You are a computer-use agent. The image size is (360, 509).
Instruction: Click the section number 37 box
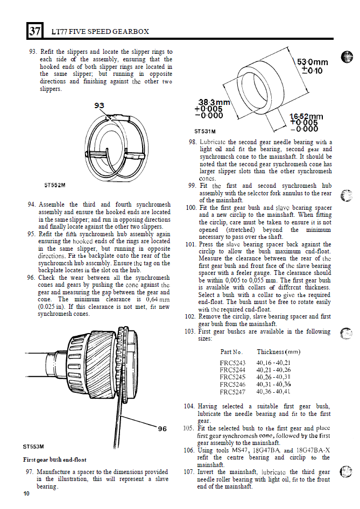click(34, 31)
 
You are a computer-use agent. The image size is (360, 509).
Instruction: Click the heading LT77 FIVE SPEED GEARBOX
click(100, 32)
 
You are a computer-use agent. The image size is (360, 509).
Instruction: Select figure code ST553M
click(34, 446)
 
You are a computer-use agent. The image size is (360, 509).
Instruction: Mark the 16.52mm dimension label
click(306, 116)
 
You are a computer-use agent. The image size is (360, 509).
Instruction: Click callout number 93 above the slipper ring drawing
click(99, 105)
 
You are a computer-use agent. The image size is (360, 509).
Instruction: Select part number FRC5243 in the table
click(232, 363)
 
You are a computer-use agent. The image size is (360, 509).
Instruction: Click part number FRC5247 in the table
click(232, 392)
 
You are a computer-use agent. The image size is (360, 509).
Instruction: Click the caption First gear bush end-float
click(55, 460)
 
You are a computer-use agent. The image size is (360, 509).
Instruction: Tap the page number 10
click(27, 494)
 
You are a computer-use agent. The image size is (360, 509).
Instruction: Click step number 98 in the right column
click(192, 143)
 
